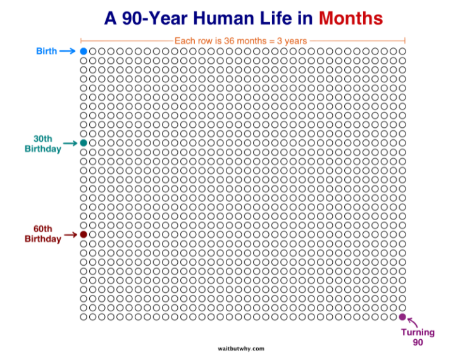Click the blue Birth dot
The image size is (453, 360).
[84, 51]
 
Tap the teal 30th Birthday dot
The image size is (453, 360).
[84, 143]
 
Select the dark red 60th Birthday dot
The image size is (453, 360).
[84, 235]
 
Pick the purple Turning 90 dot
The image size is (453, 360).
[402, 317]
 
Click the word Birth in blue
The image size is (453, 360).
[46, 51]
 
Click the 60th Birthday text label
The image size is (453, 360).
[43, 234]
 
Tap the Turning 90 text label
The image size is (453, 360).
[418, 337]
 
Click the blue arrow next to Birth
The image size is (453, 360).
[67, 51]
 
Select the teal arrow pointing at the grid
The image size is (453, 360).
[71, 144]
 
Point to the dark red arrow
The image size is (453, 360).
[71, 235]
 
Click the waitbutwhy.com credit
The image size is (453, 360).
[240, 348]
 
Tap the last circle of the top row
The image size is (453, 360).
[402, 51]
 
